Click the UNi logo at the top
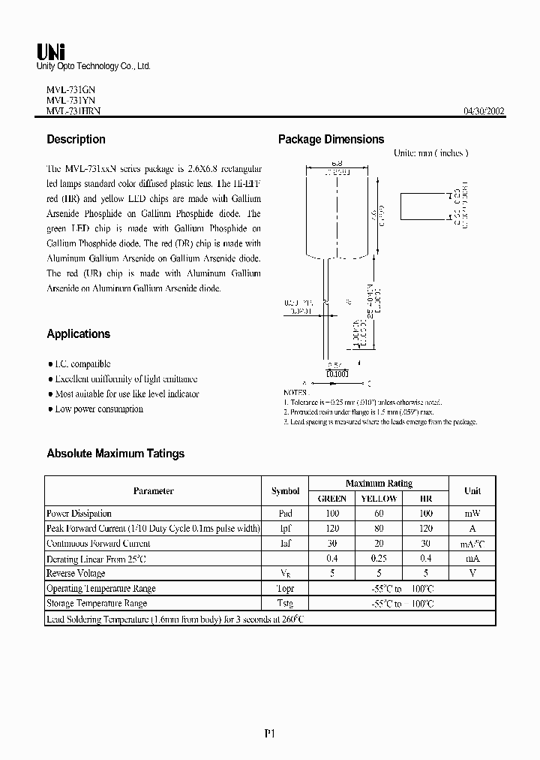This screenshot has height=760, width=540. [51, 51]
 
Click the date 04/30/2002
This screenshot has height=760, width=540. [484, 111]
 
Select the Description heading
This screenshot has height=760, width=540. [76, 140]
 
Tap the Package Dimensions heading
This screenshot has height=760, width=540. [331, 140]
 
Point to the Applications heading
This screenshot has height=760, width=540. [78, 334]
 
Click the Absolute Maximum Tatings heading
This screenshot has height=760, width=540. [115, 454]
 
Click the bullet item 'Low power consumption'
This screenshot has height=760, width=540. [98, 409]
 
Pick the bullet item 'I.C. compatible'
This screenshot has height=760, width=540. [82, 364]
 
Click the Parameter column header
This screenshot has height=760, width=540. [153, 491]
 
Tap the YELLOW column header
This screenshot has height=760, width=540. [379, 499]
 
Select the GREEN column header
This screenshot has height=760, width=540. [332, 499]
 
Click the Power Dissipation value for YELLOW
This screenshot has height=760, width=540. [379, 514]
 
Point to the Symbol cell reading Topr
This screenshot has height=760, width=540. [285, 589]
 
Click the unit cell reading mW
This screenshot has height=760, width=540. [472, 514]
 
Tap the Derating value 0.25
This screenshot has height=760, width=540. [379, 559]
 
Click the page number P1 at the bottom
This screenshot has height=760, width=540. [270, 734]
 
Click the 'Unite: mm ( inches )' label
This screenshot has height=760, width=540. [430, 153]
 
